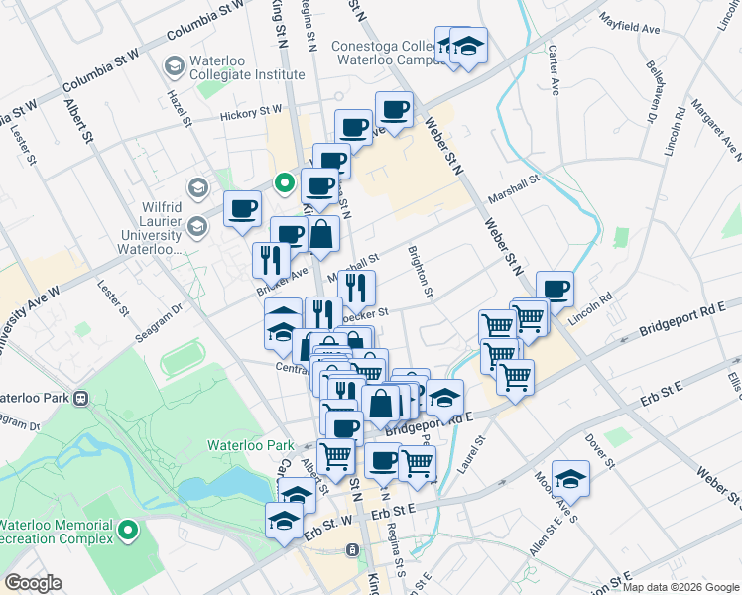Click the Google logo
pyautogui.click(x=34, y=583)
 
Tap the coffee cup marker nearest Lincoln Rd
pyautogui.click(x=555, y=289)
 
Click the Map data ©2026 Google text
pyautogui.click(x=680, y=586)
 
